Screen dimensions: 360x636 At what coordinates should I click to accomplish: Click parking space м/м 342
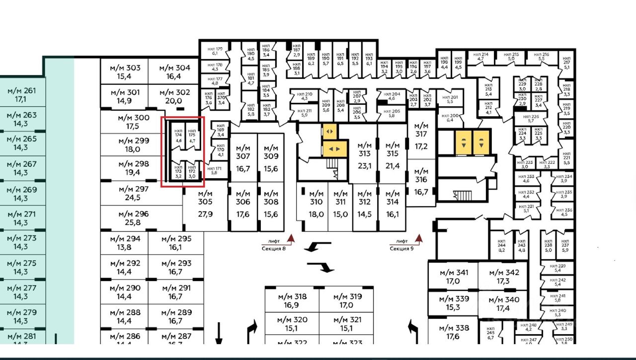pyautogui.click(x=504, y=277)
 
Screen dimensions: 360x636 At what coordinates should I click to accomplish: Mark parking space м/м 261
pyautogui.click(x=21, y=95)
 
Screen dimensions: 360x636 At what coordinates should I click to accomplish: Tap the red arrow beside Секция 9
pyautogui.click(x=419, y=239)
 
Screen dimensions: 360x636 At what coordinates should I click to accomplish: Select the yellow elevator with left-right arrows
pyautogui.click(x=335, y=148)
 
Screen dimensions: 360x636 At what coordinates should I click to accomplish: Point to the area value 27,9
pyautogui.click(x=205, y=214)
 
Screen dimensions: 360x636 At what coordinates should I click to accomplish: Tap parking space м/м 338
pyautogui.click(x=454, y=332)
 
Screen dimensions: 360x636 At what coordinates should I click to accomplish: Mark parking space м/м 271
pyautogui.click(x=21, y=218)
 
